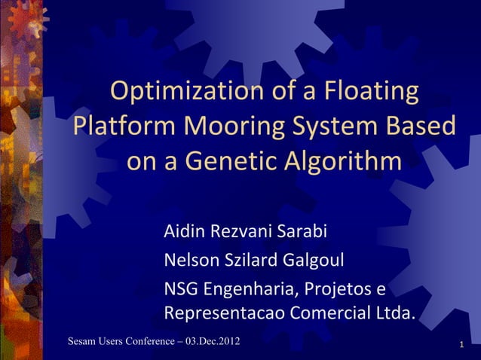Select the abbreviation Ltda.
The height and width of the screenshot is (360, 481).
396,313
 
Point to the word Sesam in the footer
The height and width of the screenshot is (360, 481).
81,343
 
